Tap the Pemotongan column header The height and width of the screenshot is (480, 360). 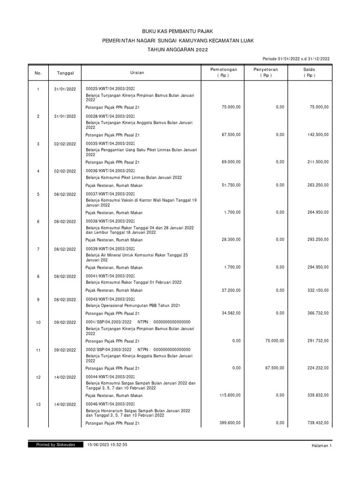[224, 72]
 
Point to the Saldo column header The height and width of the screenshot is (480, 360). [309, 72]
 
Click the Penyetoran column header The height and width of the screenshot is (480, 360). [266, 72]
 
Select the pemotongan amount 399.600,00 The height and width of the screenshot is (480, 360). [231, 423]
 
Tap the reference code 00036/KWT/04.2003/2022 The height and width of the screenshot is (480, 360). [110, 171]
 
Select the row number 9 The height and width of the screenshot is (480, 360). [38, 299]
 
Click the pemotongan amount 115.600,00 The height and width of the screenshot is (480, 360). [231, 395]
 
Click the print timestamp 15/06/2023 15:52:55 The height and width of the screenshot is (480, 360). [108, 444]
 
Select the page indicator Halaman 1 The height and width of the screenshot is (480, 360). [321, 446]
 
